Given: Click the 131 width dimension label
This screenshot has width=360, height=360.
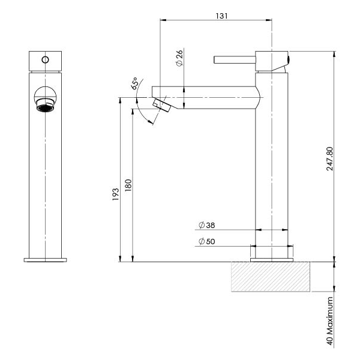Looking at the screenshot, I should click(221, 16).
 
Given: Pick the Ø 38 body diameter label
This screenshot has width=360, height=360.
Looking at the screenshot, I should click(207, 226).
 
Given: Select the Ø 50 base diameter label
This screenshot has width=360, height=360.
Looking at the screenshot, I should click(207, 242).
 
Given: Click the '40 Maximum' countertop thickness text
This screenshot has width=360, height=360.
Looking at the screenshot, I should click(329, 319).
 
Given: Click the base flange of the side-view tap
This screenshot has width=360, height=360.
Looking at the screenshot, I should click(272, 260).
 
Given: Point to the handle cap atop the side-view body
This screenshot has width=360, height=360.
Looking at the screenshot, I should click(272, 60).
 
